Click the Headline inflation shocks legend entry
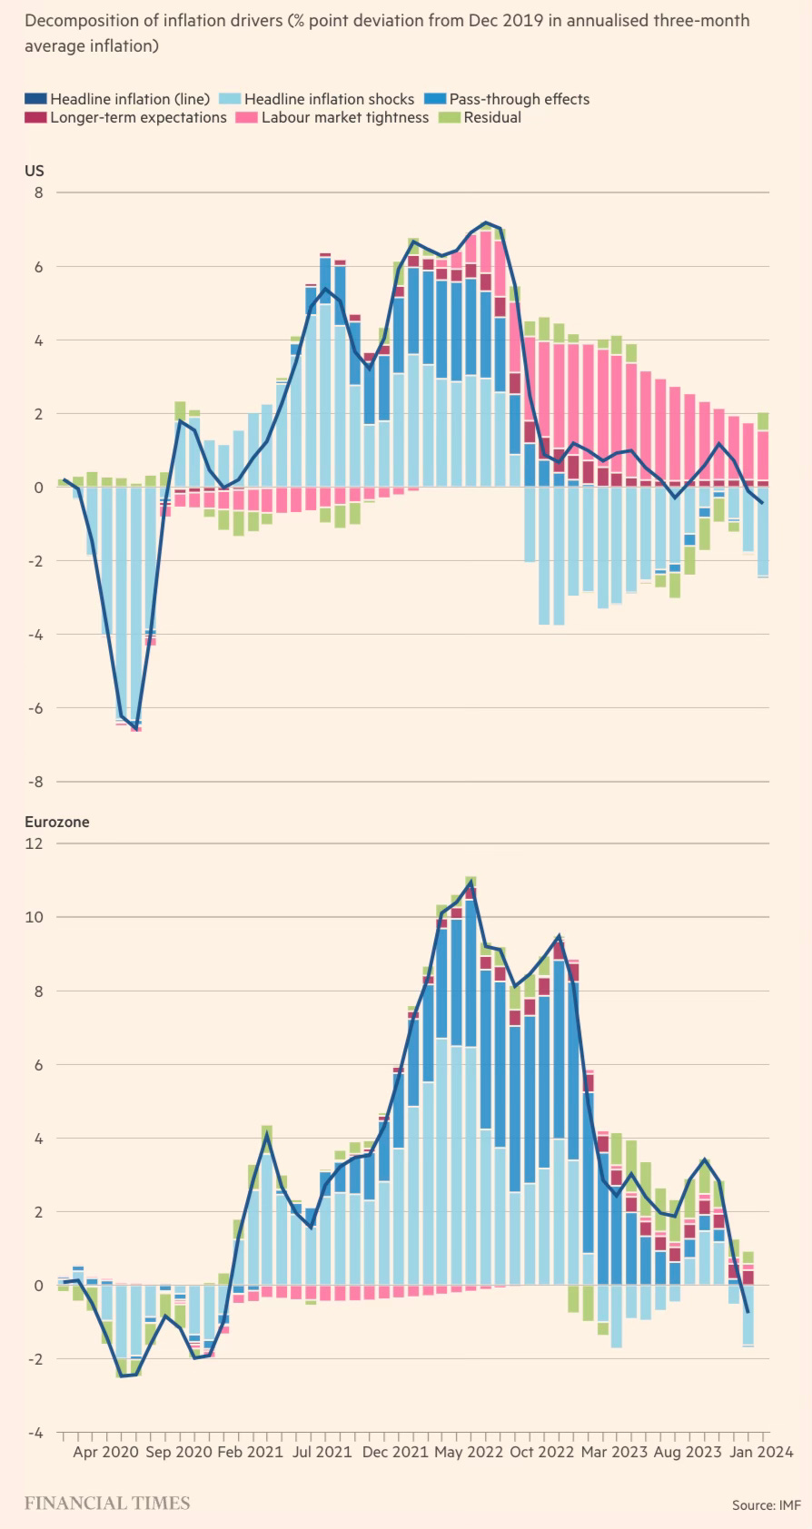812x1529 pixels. [x=328, y=99]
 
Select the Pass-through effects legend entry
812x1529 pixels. [x=519, y=99]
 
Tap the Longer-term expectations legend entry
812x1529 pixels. [x=137, y=117]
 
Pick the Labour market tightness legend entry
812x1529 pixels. [x=344, y=117]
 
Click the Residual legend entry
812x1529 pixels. [x=491, y=117]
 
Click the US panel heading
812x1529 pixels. [x=34, y=171]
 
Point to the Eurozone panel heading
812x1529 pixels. [x=56, y=822]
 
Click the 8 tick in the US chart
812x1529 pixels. [x=38, y=192]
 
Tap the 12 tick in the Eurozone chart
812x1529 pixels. [x=35, y=843]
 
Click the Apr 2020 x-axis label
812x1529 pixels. [x=105, y=1452]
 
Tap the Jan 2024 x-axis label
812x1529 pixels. [x=761, y=1452]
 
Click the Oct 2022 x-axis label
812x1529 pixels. [x=542, y=1452]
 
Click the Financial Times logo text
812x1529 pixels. [x=107, y=1503]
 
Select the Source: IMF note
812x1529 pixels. [x=766, y=1504]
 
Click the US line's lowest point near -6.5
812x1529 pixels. [x=135, y=727]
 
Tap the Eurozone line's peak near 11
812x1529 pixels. [x=470, y=882]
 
